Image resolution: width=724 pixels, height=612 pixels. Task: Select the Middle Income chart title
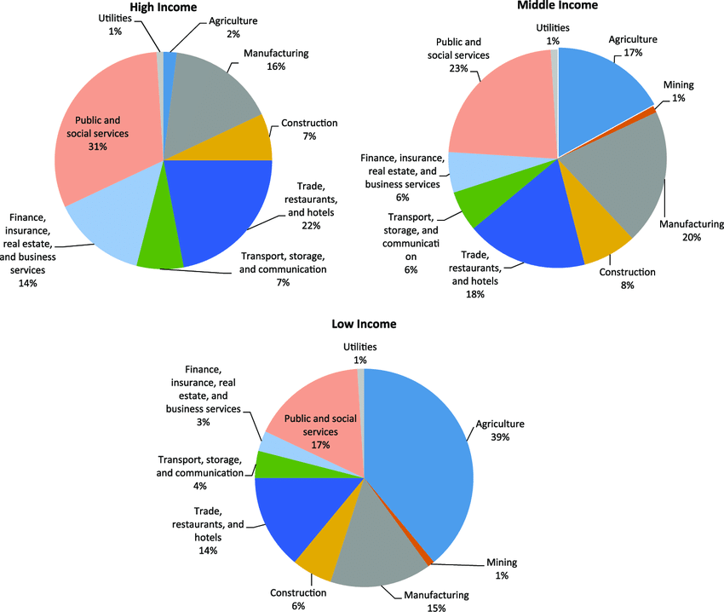(x=558, y=6)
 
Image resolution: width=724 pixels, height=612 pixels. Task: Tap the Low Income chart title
(x=364, y=324)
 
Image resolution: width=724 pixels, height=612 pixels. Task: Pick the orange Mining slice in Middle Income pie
(x=654, y=110)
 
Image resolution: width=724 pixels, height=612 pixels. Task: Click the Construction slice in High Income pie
(x=247, y=141)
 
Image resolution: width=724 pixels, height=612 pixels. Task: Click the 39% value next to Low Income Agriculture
(x=499, y=437)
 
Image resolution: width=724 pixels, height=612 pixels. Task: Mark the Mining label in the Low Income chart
(x=501, y=563)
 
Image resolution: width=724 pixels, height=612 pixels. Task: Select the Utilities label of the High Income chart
(x=115, y=18)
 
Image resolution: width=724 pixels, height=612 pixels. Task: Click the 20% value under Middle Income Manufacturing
(x=691, y=237)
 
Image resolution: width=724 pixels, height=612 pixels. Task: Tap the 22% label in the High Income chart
(x=310, y=225)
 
